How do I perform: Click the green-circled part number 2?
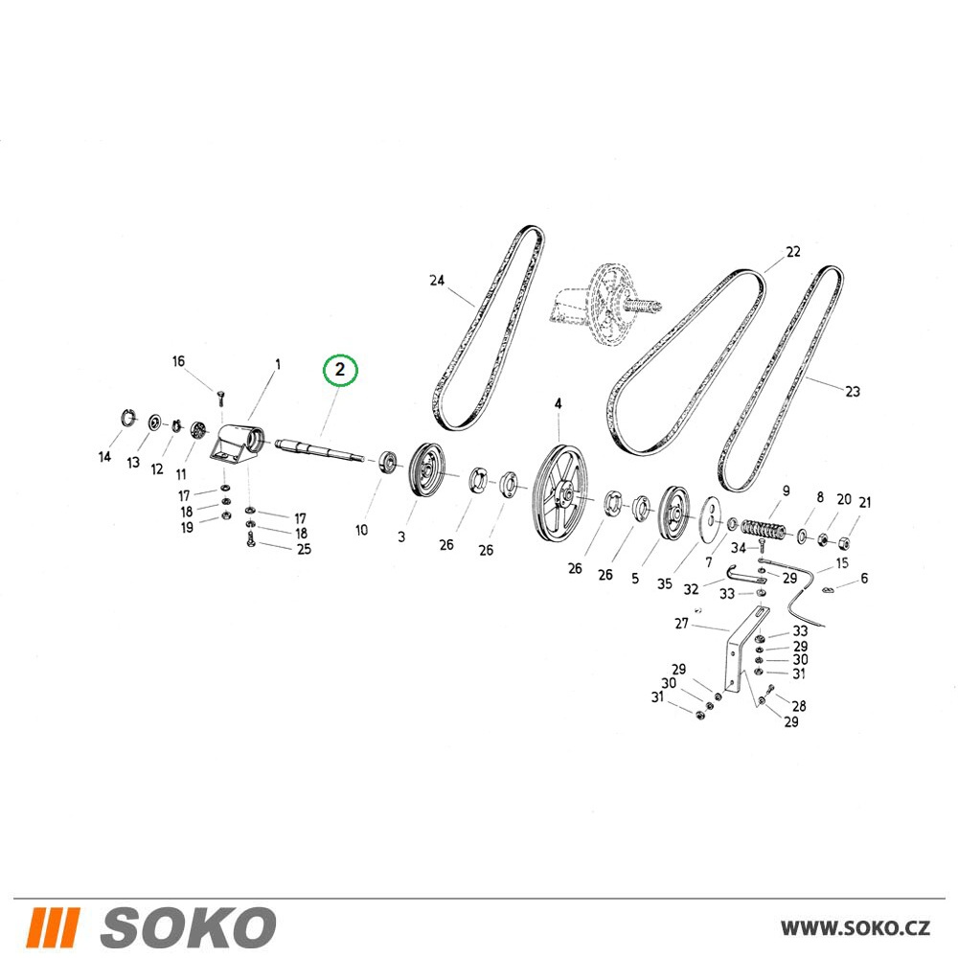point(340,370)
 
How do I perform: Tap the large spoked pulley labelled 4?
point(559,493)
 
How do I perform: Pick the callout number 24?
point(437,281)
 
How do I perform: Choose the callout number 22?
point(793,252)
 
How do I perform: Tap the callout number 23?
point(853,391)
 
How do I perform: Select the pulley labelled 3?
point(427,469)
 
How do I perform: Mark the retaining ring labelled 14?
point(126,418)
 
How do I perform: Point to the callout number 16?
point(178,361)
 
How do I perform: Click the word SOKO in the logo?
point(188,926)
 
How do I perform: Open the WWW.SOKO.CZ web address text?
point(855,928)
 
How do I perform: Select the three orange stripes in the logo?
point(53,926)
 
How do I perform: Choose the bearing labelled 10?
point(387,462)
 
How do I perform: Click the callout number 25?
point(305,549)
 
